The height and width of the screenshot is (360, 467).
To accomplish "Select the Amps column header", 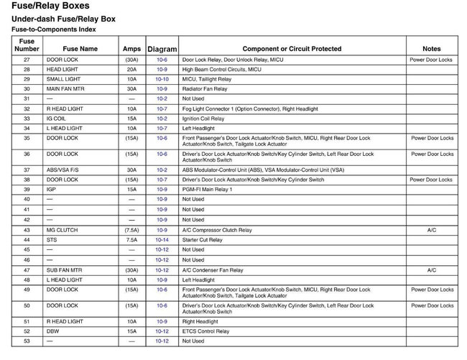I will [131, 49].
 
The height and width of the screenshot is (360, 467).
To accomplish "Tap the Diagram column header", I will [162, 49].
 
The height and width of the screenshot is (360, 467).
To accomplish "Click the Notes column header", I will [432, 49].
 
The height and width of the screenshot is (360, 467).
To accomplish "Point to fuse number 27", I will [27, 60].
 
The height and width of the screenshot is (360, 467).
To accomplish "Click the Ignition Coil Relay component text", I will [203, 119].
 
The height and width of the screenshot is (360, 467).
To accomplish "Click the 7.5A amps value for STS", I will [131, 239].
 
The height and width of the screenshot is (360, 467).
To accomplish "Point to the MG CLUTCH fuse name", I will [63, 230].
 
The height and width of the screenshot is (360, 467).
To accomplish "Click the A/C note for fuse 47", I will [432, 270].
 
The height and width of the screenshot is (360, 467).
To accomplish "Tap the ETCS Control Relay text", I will [206, 331].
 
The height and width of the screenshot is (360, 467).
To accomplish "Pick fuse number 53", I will [27, 341].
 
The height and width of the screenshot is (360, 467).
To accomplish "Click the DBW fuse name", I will [52, 331].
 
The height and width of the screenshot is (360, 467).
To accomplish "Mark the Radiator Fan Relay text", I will [205, 89].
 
